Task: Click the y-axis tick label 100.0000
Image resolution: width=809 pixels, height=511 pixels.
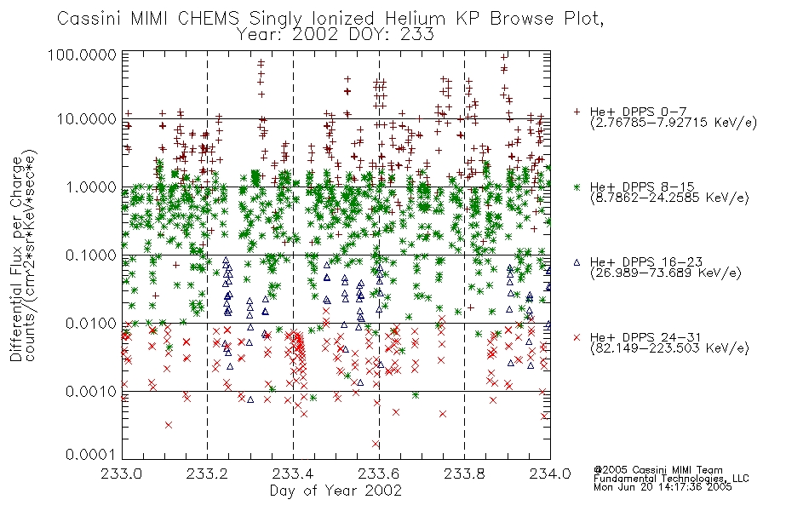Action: point(82,55)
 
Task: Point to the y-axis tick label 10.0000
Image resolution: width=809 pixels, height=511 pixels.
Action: point(87,119)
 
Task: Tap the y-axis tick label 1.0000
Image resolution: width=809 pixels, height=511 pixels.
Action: point(91,187)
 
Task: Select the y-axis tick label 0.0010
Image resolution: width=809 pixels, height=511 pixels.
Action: point(91,391)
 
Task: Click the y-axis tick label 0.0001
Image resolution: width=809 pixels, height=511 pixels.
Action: point(91,455)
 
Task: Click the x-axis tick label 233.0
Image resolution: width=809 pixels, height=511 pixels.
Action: point(122,474)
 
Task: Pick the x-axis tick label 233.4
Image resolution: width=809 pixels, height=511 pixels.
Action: point(293,474)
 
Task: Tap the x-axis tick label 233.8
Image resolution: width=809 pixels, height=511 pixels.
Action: point(464,474)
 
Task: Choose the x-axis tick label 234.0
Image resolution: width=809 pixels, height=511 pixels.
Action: point(550,474)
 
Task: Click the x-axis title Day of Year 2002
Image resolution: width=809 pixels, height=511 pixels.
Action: point(336,491)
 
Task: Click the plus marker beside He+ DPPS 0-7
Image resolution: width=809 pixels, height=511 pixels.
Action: point(577,112)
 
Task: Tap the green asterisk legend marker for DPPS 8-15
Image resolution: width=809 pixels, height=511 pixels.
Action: point(577,187)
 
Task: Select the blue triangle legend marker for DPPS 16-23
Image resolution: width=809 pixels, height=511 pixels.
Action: point(577,262)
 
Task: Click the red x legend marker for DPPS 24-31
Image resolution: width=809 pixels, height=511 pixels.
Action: point(577,337)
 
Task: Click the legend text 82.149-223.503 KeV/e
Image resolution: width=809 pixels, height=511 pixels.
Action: point(669,348)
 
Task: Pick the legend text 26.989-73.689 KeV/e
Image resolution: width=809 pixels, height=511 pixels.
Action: point(666,273)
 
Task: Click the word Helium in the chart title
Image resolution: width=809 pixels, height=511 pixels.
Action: point(415,19)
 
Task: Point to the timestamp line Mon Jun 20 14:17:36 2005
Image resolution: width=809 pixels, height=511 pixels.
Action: point(663,487)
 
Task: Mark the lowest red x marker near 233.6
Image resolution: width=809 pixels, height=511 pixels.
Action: point(375,444)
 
